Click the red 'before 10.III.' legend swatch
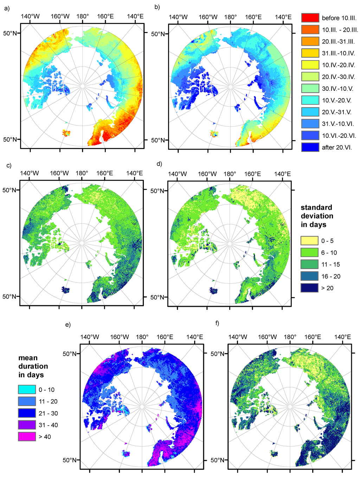[310, 18]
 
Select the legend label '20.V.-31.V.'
[336, 112]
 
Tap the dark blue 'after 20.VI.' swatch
[310, 147]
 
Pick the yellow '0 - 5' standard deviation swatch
[309, 241]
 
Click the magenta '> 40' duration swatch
[27, 437]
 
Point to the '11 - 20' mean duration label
[48, 402]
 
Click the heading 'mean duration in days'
[33, 366]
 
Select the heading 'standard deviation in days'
[317, 216]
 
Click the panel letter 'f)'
[218, 323]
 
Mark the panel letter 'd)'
[159, 164]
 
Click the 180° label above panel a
[82, 17]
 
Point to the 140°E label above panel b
[283, 17]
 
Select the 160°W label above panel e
[120, 337]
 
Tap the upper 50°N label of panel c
[10, 190]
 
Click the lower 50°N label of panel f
[218, 460]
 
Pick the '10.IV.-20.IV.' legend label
[338, 65]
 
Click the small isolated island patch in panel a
[66, 133]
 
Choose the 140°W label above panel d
[178, 174]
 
